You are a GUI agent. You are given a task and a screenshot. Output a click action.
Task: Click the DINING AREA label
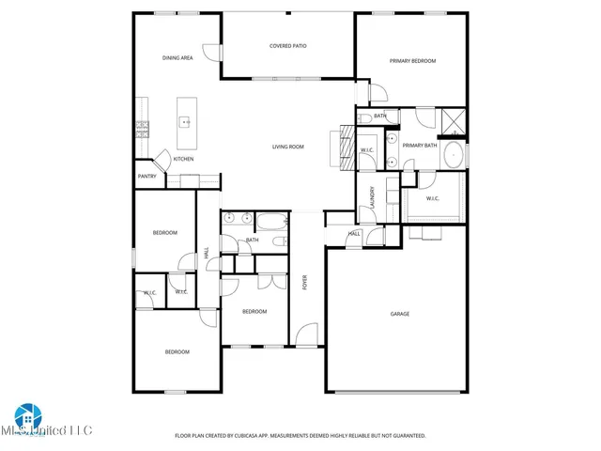(177, 58)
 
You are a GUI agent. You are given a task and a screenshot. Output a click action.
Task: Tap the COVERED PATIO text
(288, 45)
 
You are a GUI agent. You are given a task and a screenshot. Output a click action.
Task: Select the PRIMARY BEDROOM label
(413, 61)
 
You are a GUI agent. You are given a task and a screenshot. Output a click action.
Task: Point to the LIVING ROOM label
(288, 147)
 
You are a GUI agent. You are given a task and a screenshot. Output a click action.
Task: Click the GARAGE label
(399, 314)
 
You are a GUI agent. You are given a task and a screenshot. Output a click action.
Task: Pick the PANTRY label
(147, 177)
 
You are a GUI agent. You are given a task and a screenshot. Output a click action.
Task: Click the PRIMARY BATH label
(420, 146)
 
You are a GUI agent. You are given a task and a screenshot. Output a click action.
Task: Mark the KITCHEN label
(183, 159)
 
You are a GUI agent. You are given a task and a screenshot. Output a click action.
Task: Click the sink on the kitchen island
(186, 122)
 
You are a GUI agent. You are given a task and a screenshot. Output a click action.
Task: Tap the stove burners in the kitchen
(142, 128)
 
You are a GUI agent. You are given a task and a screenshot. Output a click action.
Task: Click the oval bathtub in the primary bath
(453, 155)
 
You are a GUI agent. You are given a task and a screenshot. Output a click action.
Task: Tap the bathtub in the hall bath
(272, 223)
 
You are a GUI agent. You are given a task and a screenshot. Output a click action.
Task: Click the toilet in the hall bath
(279, 242)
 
